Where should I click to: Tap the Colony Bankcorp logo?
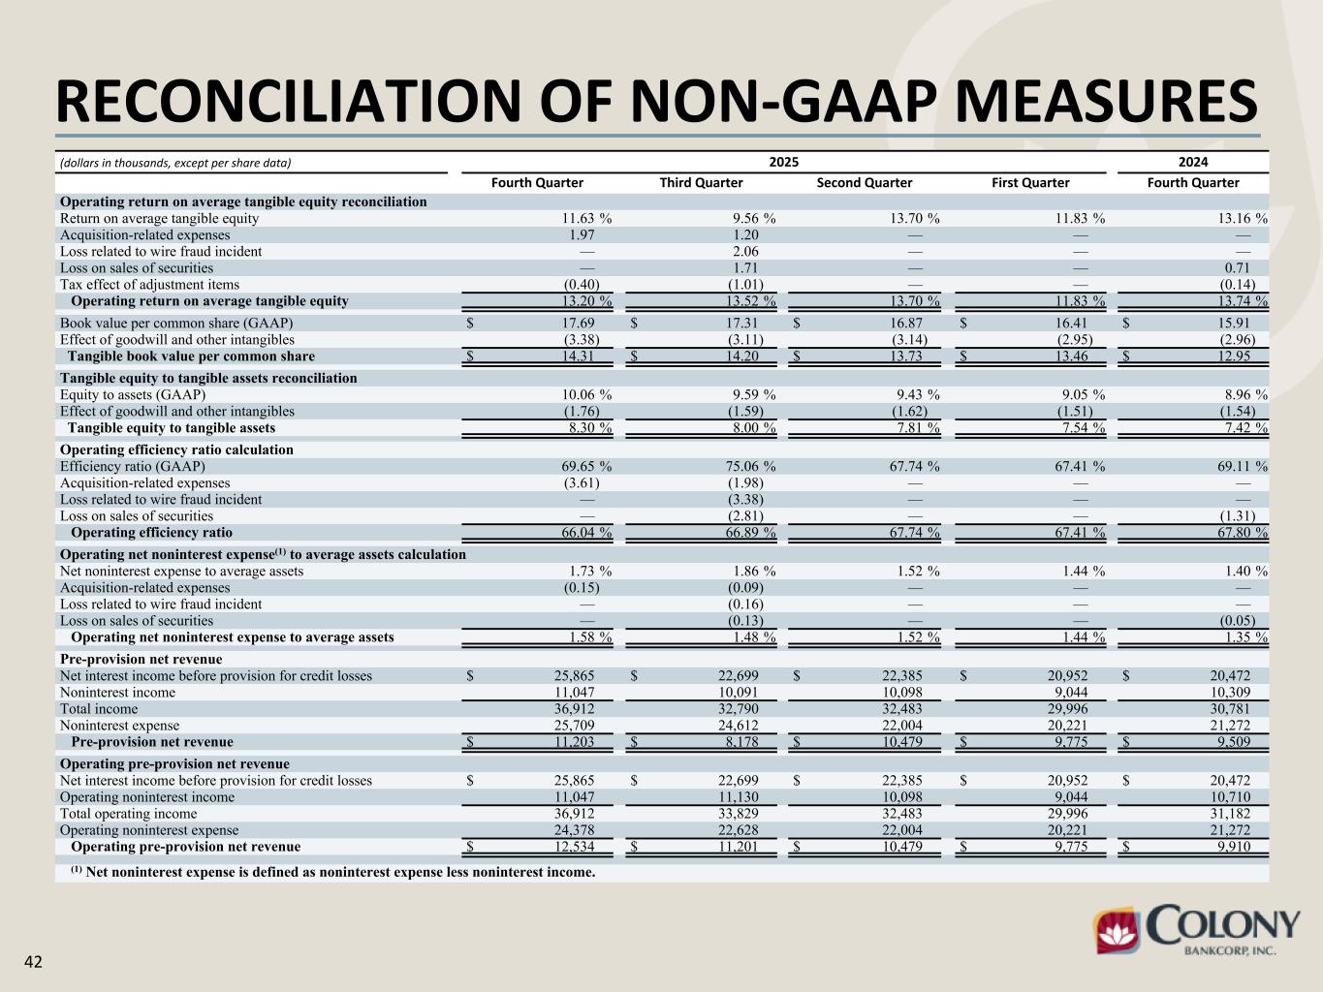coord(1197,931)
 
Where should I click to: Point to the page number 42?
coord(33,962)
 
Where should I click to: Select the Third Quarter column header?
coord(701,182)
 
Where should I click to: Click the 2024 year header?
coord(1193,162)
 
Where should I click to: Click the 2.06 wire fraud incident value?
coord(745,252)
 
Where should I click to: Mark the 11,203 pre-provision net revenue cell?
coord(574,743)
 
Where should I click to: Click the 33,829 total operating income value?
coord(739,814)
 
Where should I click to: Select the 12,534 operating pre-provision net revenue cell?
coord(574,848)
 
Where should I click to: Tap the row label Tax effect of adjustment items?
coord(149,285)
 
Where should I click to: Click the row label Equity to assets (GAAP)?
coord(133,395)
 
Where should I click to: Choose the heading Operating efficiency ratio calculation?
coord(176,449)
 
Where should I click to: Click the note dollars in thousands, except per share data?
coord(175,163)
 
